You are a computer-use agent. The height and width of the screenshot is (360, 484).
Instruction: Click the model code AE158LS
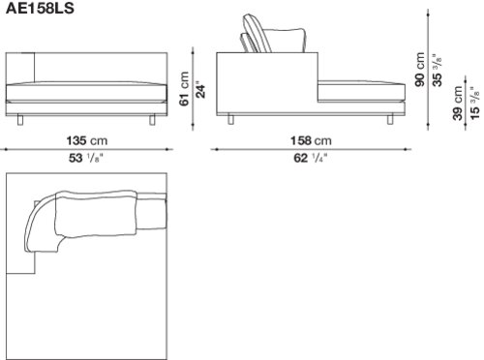tap(40, 8)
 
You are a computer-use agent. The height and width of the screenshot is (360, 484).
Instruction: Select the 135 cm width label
tap(87, 140)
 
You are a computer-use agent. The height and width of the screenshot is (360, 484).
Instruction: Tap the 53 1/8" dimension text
tap(85, 158)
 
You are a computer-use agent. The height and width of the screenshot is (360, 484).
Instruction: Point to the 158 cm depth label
tap(311, 140)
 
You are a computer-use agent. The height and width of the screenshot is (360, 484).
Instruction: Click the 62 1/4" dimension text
tap(311, 158)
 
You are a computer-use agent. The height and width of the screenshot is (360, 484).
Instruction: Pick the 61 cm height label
tap(185, 88)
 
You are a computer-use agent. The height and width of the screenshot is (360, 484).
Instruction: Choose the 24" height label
tap(200, 91)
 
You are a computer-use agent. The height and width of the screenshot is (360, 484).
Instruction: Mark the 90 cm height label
tap(420, 70)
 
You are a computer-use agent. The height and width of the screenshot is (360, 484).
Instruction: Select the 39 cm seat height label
tap(458, 104)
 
